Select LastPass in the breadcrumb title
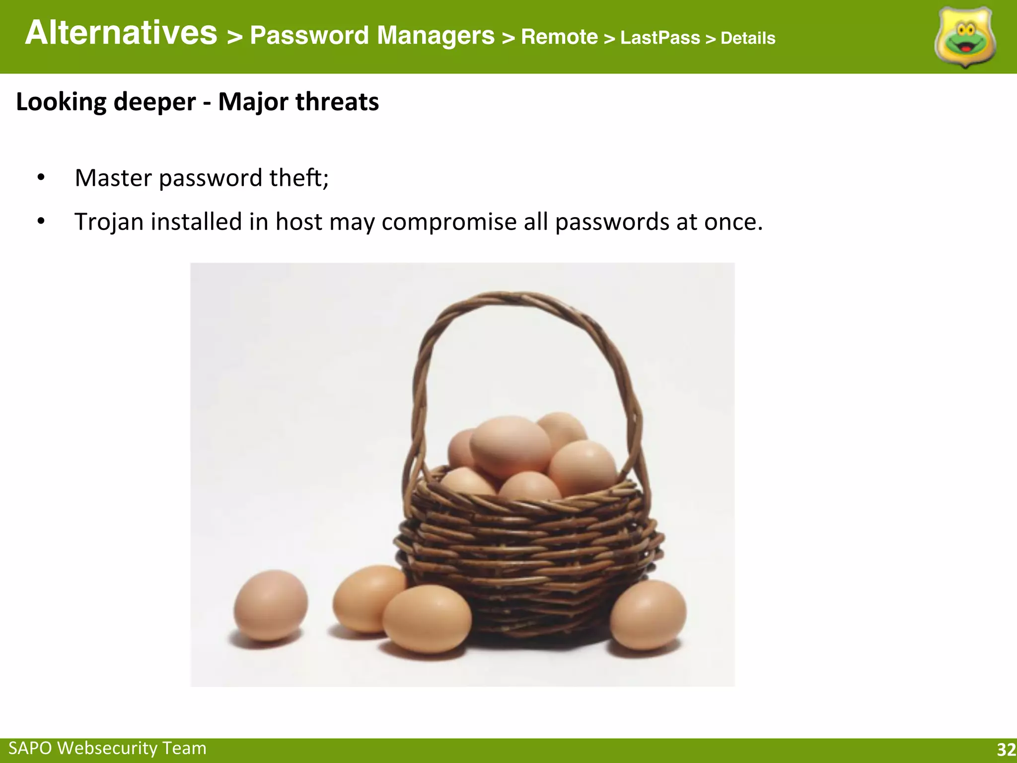[x=660, y=38]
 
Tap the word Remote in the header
[x=559, y=37]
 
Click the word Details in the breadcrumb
[x=748, y=38]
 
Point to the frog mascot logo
[x=965, y=38]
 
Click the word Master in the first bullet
[x=113, y=178]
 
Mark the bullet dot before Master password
[x=41, y=178]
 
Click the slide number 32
[x=1006, y=750]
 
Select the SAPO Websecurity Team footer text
[x=107, y=748]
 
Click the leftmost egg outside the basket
[x=271, y=605]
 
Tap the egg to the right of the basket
[x=648, y=615]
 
